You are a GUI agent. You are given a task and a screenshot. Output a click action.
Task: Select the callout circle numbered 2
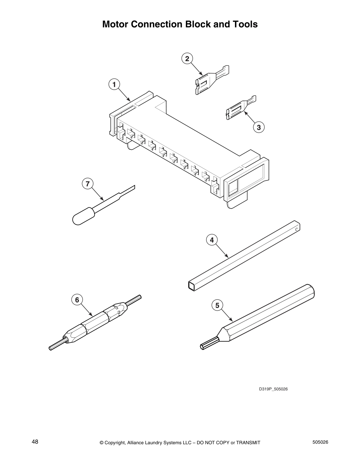tap(187, 58)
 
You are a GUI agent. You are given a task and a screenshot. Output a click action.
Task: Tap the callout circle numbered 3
tap(259, 127)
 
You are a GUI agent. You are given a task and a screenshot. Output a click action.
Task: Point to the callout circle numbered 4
tap(212, 240)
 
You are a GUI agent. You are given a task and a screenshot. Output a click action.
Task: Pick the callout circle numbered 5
tap(217, 305)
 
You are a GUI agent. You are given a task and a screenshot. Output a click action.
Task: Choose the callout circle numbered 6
tap(77, 300)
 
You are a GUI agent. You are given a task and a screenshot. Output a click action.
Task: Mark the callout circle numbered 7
tap(87, 184)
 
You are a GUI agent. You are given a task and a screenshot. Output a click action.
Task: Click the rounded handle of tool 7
tap(82, 216)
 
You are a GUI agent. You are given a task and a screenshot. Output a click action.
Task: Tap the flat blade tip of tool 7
tap(130, 189)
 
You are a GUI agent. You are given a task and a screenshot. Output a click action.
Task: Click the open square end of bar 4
tap(192, 285)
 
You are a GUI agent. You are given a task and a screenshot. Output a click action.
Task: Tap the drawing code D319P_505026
tap(273, 389)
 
